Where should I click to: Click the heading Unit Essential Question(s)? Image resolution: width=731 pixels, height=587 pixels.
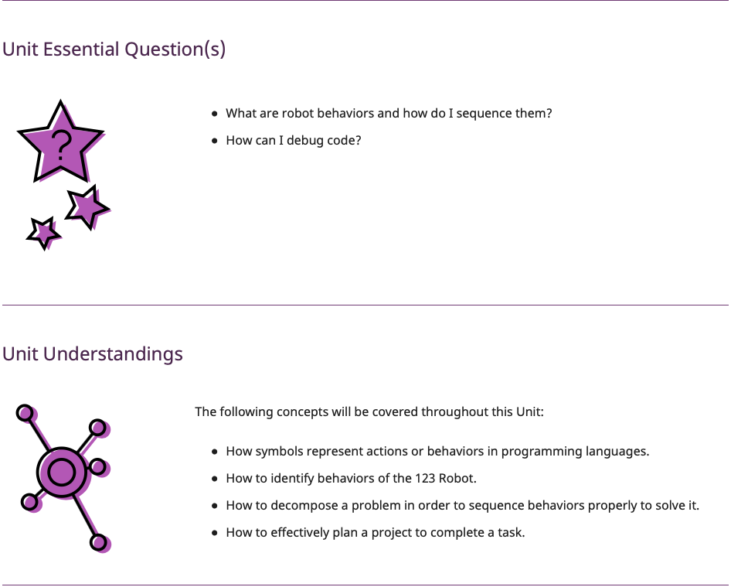tap(114, 49)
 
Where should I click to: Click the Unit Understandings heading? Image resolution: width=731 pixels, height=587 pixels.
tap(92, 353)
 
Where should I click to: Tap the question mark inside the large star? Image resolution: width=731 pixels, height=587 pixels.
tap(61, 145)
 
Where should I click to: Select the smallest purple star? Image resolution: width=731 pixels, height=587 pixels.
tap(43, 233)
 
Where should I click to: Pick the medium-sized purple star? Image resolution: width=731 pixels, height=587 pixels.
tap(87, 207)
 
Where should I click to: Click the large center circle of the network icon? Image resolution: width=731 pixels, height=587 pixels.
tap(62, 472)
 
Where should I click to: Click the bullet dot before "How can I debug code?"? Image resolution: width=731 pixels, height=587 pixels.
tap(215, 141)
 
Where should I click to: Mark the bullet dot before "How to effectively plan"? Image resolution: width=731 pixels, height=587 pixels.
tap(215, 532)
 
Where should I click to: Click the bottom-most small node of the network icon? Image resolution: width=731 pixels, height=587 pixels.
tap(98, 542)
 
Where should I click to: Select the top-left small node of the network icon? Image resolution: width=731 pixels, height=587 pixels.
tap(25, 413)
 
